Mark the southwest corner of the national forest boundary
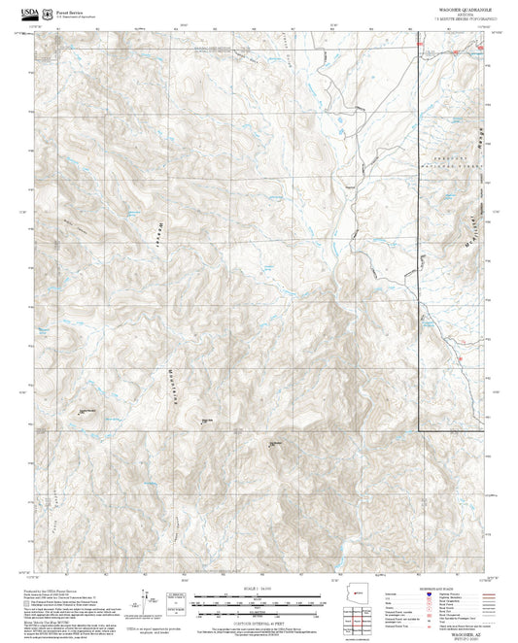click(x=420, y=430)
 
